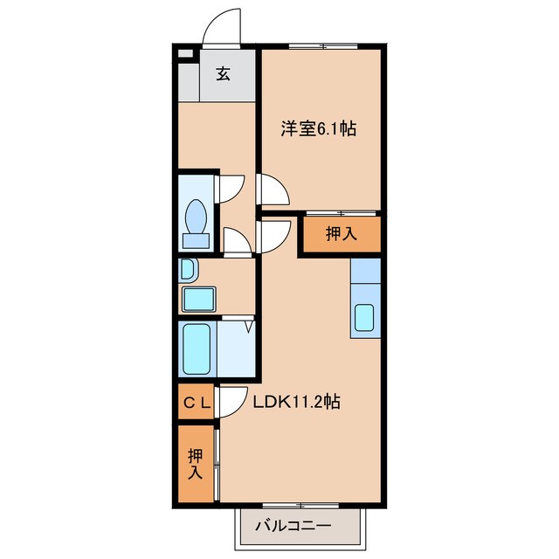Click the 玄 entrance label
(224, 73)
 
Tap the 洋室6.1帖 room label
(318, 128)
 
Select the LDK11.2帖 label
(297, 402)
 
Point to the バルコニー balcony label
(293, 526)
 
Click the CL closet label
(197, 403)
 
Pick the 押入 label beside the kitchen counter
(342, 233)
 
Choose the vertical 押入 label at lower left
(196, 464)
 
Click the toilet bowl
(196, 217)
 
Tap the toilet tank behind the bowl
(196, 241)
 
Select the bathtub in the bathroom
(197, 349)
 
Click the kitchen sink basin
(364, 317)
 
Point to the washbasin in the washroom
(188, 269)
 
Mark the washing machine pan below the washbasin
(199, 299)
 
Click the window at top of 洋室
(323, 46)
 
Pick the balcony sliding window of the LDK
(300, 505)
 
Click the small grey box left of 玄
(185, 54)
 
